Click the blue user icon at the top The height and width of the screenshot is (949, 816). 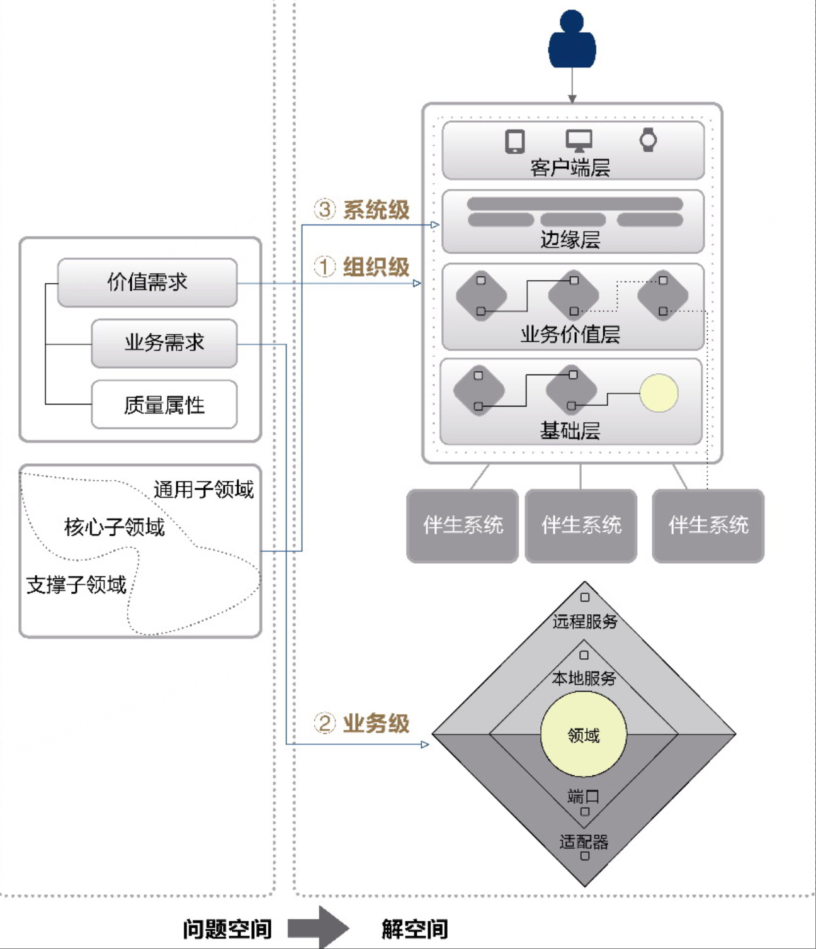tap(572, 41)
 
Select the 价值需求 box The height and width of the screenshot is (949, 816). tap(147, 283)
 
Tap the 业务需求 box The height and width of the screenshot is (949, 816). tap(164, 344)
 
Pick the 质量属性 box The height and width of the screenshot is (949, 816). tap(164, 405)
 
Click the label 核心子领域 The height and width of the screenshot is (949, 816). tap(114, 527)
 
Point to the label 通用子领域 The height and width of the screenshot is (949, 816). tap(203, 489)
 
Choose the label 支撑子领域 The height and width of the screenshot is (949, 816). tap(76, 585)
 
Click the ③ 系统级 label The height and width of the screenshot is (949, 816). tap(362, 210)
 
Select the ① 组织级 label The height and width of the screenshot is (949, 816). tap(362, 267)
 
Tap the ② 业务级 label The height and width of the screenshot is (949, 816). tap(362, 723)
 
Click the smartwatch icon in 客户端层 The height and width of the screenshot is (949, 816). tap(648, 140)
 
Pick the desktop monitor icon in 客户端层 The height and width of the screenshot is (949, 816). tap(579, 140)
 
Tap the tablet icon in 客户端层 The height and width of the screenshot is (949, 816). tap(515, 141)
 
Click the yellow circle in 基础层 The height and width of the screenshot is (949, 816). tap(659, 393)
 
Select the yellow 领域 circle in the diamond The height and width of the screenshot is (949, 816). tap(584, 734)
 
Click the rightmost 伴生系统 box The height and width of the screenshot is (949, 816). tap(708, 525)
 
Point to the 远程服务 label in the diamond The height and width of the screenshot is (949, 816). tap(585, 621)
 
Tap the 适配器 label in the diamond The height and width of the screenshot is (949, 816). tap(584, 841)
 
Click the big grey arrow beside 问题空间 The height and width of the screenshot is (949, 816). tap(318, 928)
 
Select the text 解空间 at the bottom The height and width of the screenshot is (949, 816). tap(415, 929)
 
